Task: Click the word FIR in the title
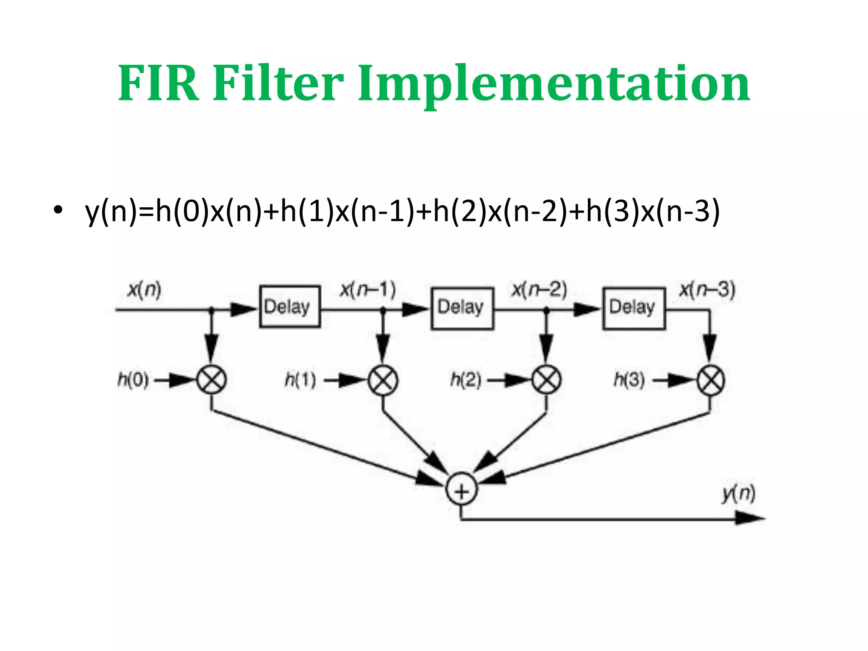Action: point(158,83)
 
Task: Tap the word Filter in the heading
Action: point(278,83)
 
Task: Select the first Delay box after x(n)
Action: point(289,306)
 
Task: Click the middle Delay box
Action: point(462,308)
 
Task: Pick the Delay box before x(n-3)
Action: point(634,308)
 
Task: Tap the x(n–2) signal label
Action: point(539,290)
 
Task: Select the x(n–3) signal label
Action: point(707,290)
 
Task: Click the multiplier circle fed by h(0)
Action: point(211,380)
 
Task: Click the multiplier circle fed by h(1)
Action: point(383,380)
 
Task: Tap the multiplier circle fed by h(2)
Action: point(546,380)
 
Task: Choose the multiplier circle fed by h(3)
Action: point(711,380)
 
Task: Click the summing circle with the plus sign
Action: point(462,490)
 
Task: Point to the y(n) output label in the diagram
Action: point(739,493)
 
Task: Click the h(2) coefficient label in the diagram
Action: point(466,380)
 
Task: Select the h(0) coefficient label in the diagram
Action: point(133,380)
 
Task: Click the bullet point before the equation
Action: point(58,209)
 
